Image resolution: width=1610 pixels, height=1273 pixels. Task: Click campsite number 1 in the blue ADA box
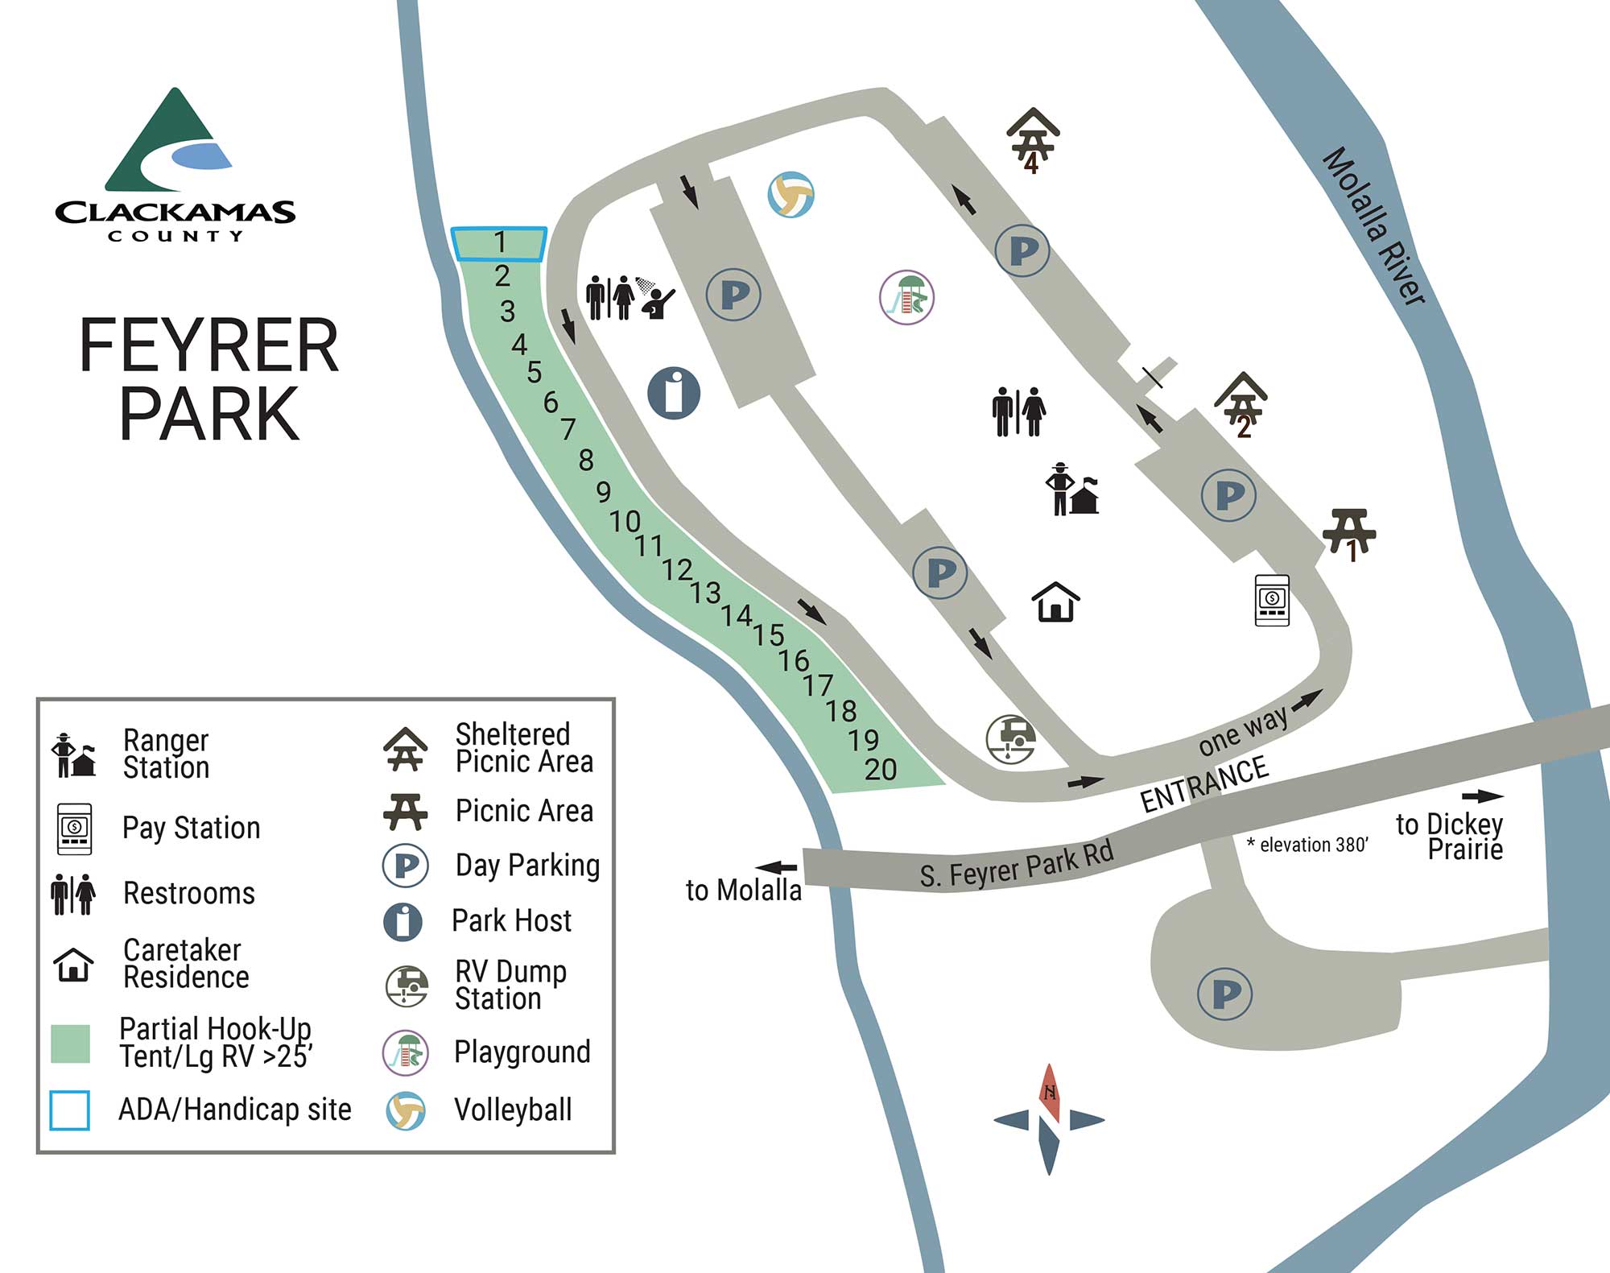click(500, 242)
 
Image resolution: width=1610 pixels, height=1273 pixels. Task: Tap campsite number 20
click(880, 770)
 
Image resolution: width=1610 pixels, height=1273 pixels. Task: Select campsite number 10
click(625, 522)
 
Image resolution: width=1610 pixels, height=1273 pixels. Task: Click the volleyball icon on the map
click(791, 195)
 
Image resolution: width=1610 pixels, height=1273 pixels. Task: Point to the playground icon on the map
click(906, 297)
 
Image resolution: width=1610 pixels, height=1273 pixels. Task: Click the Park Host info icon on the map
click(674, 393)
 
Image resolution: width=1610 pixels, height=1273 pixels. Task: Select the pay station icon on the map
click(1272, 600)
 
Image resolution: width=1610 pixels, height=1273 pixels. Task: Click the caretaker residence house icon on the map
click(1055, 602)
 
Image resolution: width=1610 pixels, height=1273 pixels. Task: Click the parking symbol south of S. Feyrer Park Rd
click(1224, 994)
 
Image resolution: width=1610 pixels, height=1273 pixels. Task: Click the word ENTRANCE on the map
click(1204, 785)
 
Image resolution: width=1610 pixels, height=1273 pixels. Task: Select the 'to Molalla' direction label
click(743, 890)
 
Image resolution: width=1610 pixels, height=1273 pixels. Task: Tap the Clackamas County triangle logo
click(174, 142)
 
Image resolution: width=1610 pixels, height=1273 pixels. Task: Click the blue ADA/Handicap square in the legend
click(70, 1110)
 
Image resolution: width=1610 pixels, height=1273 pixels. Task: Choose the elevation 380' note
click(1307, 845)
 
